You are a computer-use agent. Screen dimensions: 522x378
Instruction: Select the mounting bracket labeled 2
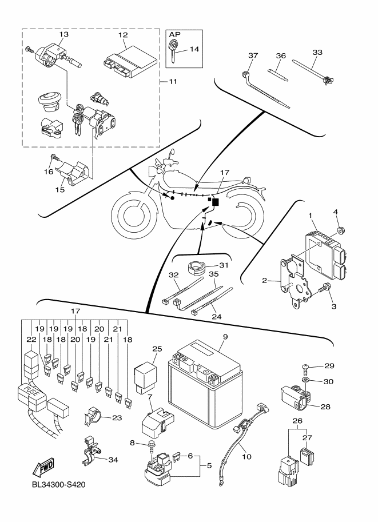pyautogui.click(x=295, y=277)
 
